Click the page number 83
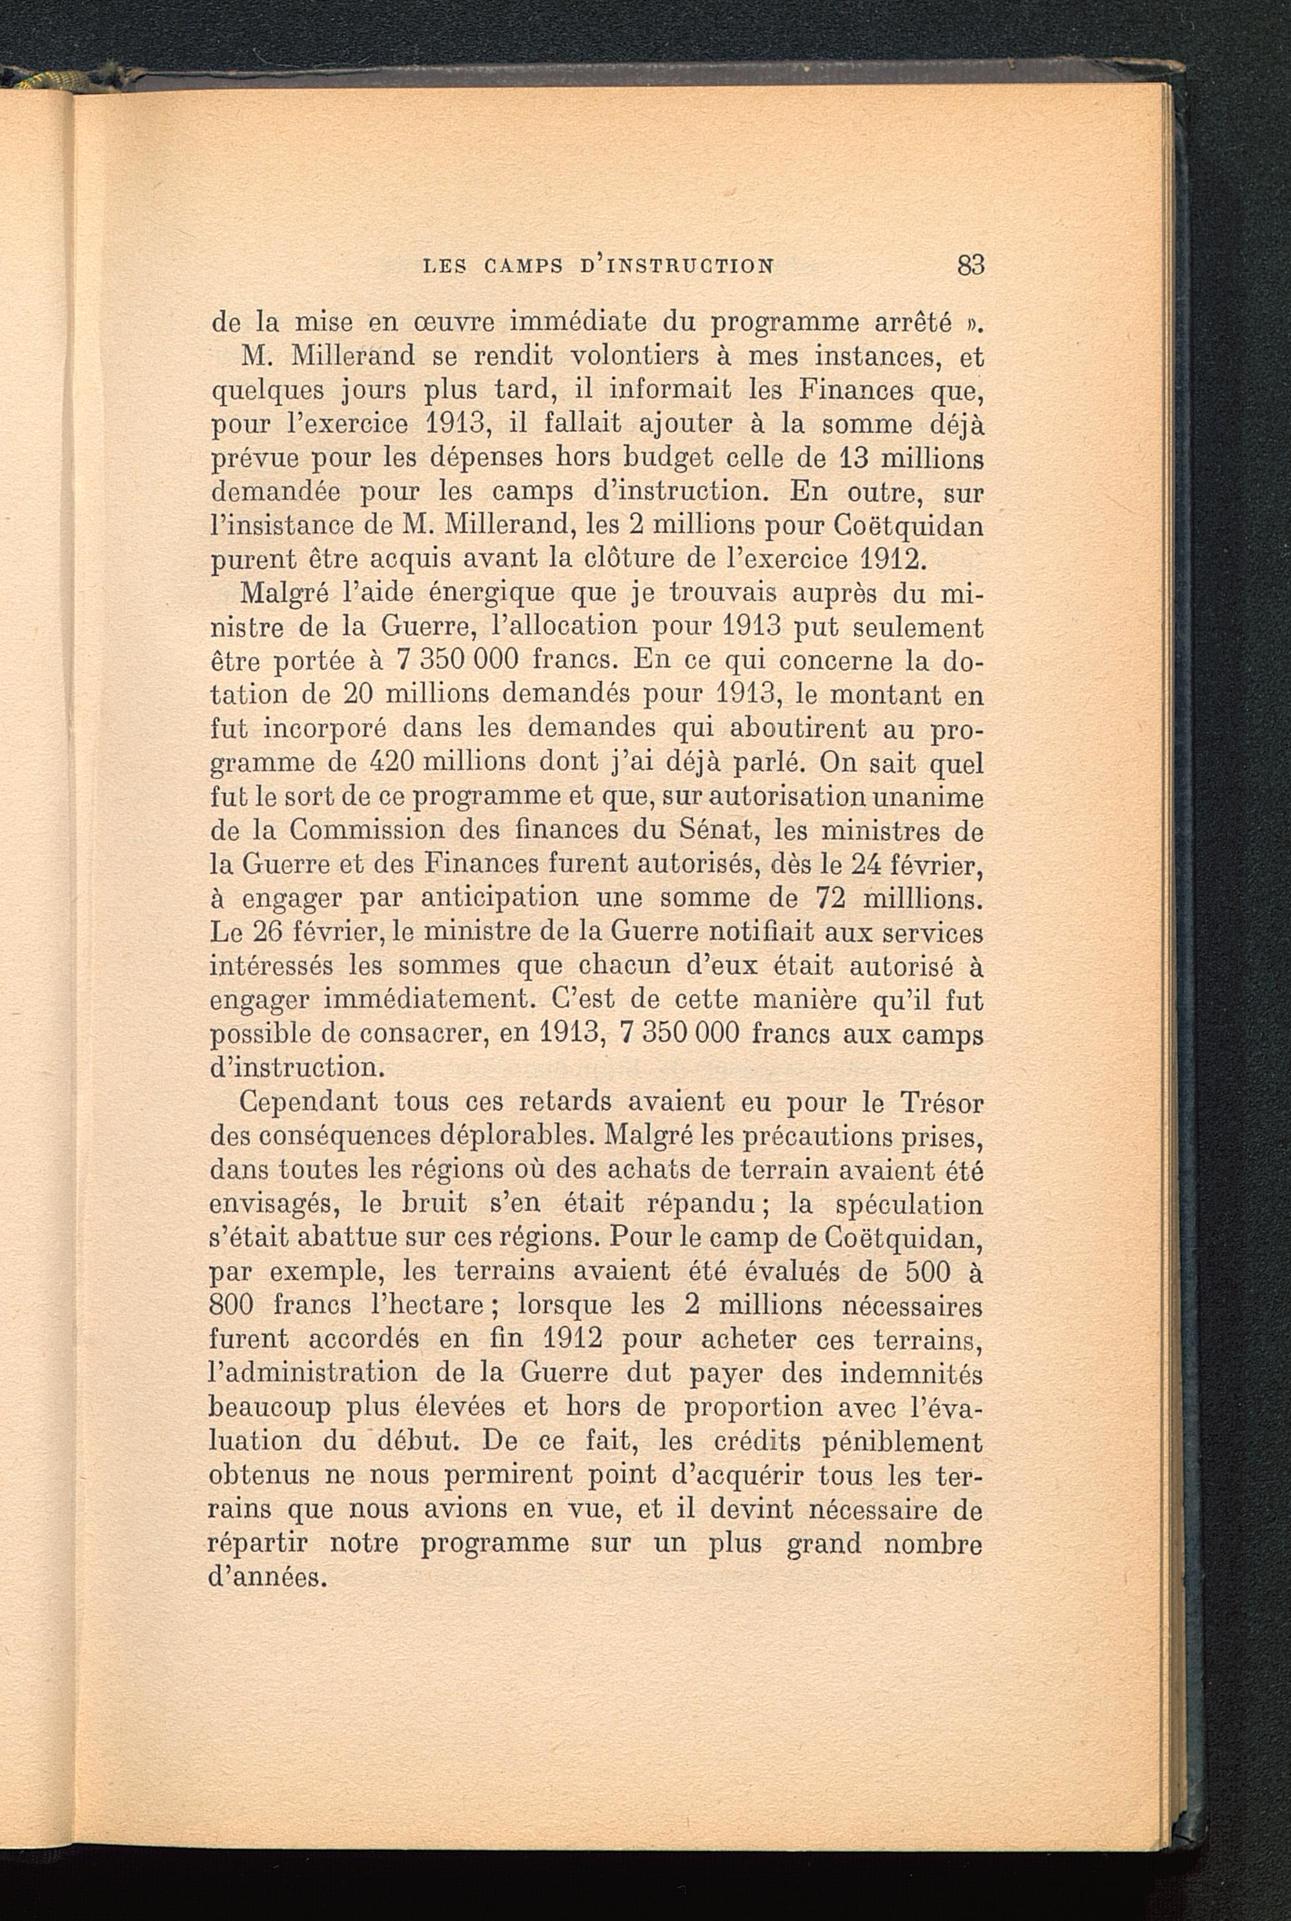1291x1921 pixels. [x=971, y=265]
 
